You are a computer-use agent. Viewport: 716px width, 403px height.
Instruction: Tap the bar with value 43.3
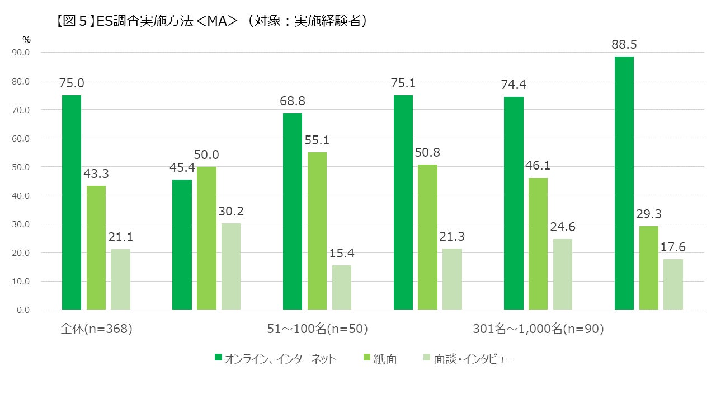tap(96, 247)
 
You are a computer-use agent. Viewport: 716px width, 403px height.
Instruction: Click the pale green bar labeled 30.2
tap(230, 266)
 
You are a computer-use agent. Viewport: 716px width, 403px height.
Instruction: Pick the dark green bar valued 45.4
tap(182, 245)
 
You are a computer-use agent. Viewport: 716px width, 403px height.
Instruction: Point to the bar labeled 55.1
tap(317, 231)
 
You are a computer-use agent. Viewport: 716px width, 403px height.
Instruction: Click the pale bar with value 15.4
tap(341, 287)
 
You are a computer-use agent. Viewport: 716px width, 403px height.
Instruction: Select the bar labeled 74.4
tap(514, 203)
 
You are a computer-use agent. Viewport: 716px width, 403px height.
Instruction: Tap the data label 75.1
tap(403, 83)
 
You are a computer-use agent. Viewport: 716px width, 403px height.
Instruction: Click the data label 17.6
tap(673, 247)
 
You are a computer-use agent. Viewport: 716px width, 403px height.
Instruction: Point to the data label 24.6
tap(563, 227)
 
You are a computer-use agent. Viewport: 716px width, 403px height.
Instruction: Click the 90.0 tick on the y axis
tap(21, 53)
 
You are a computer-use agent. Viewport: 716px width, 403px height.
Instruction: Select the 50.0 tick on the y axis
tap(21, 167)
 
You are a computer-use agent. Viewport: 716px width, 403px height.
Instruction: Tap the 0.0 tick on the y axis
tap(23, 310)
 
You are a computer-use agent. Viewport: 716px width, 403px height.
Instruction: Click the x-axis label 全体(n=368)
tap(96, 329)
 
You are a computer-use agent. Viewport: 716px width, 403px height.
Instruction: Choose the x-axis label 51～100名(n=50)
tap(317, 329)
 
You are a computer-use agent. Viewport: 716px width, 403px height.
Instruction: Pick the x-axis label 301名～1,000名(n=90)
tap(538, 329)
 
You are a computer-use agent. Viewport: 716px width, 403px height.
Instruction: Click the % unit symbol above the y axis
tap(26, 39)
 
